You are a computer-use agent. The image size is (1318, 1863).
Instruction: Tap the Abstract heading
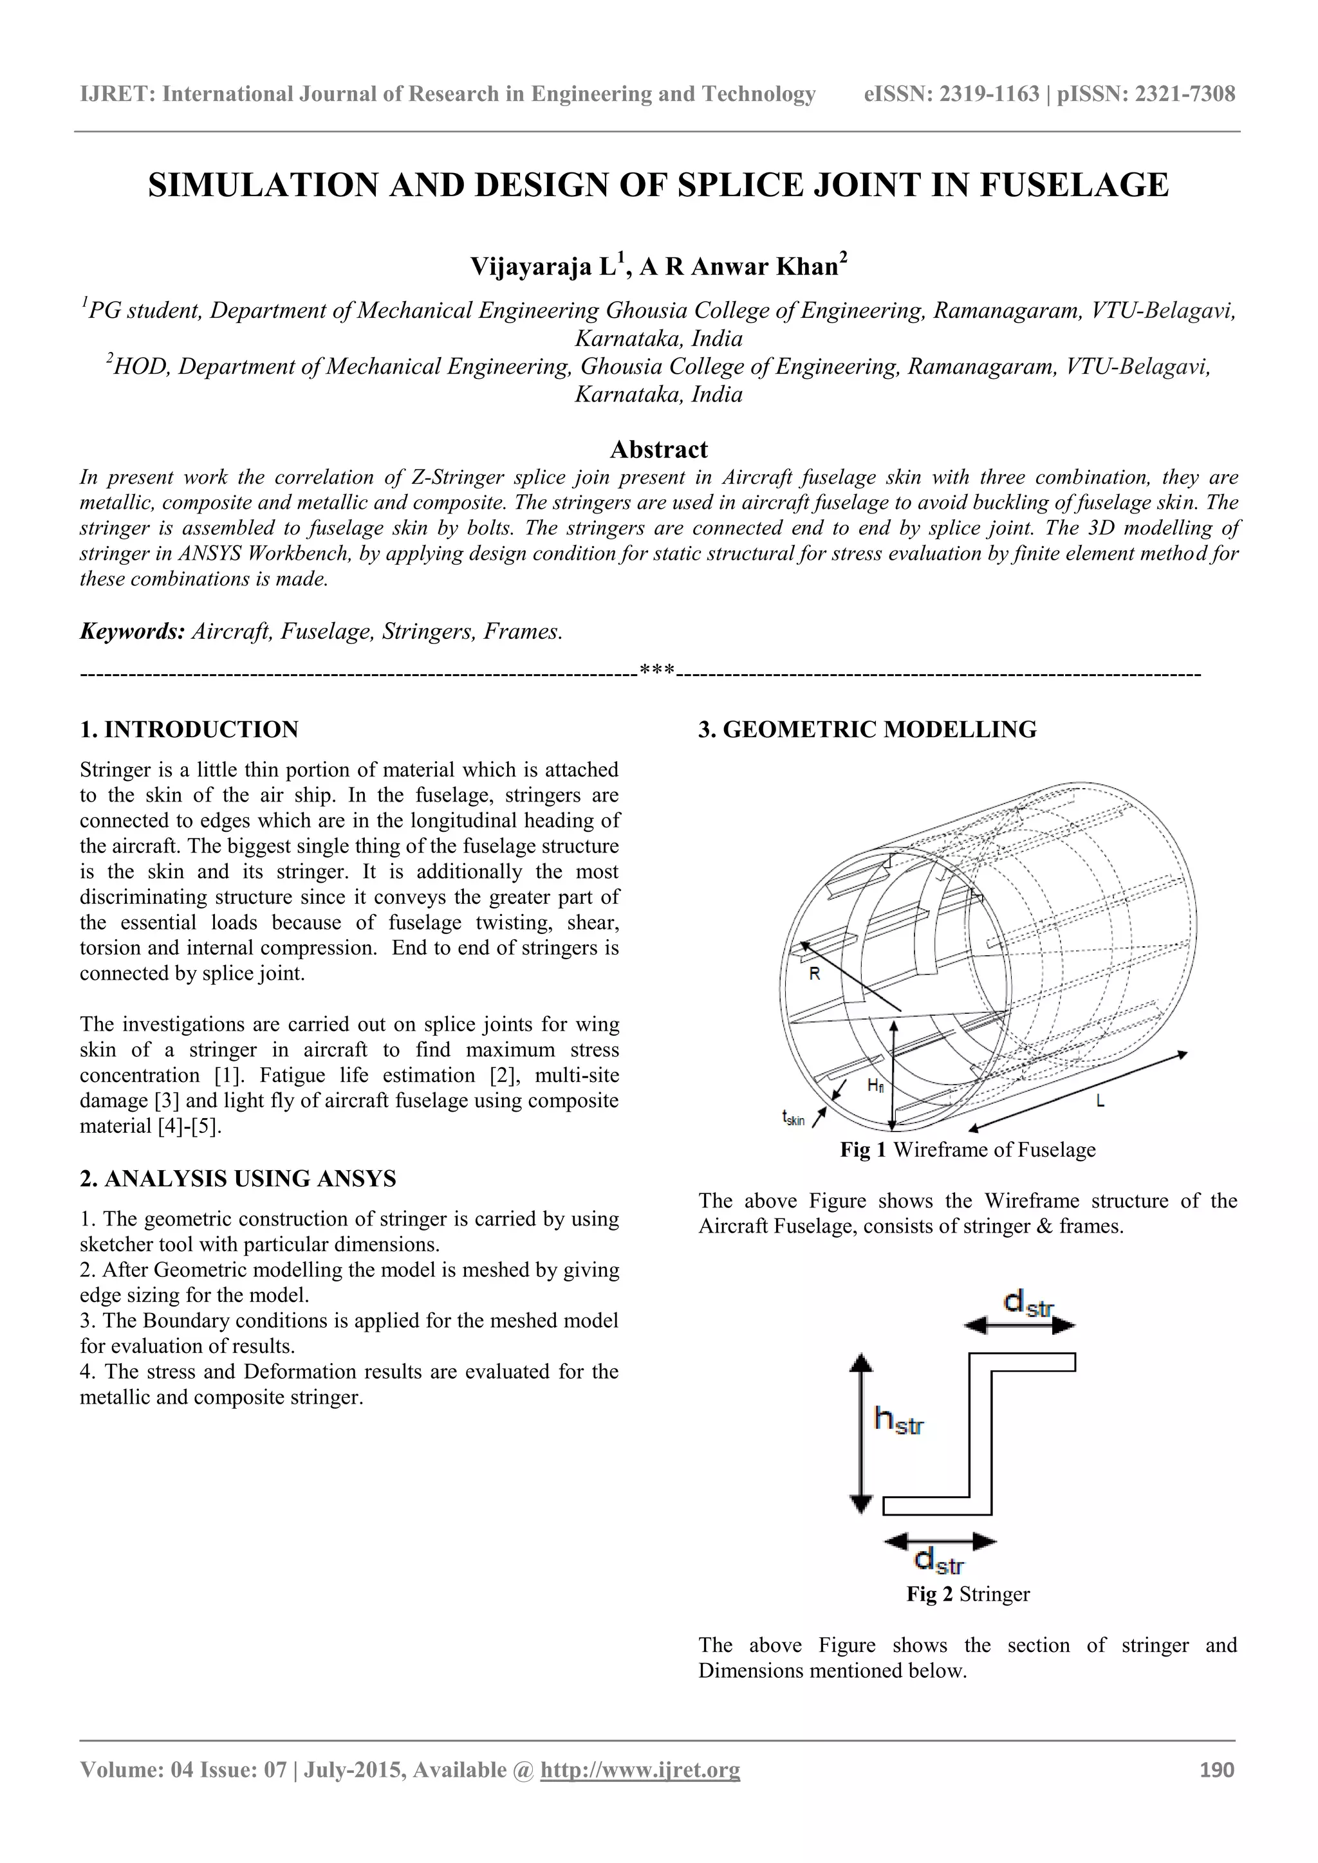click(658, 450)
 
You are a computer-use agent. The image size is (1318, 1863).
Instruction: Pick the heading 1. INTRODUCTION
click(189, 730)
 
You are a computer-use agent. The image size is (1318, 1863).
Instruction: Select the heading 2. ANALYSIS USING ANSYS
click(237, 1179)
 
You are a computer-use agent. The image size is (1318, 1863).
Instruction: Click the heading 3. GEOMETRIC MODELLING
click(867, 730)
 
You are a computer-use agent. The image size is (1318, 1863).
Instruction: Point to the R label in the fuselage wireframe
click(815, 975)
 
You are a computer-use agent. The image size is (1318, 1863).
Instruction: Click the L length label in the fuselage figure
click(1100, 1101)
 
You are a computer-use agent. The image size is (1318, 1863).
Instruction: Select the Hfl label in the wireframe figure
click(875, 1086)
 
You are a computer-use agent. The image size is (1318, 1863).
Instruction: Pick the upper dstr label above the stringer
click(1028, 1304)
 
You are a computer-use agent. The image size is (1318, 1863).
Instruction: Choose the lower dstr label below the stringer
click(939, 1559)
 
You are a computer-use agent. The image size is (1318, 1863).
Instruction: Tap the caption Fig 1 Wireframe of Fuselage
click(967, 1150)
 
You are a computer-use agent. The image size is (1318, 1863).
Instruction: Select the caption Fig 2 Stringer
click(967, 1595)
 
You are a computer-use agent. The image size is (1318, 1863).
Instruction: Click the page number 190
click(1216, 1770)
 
